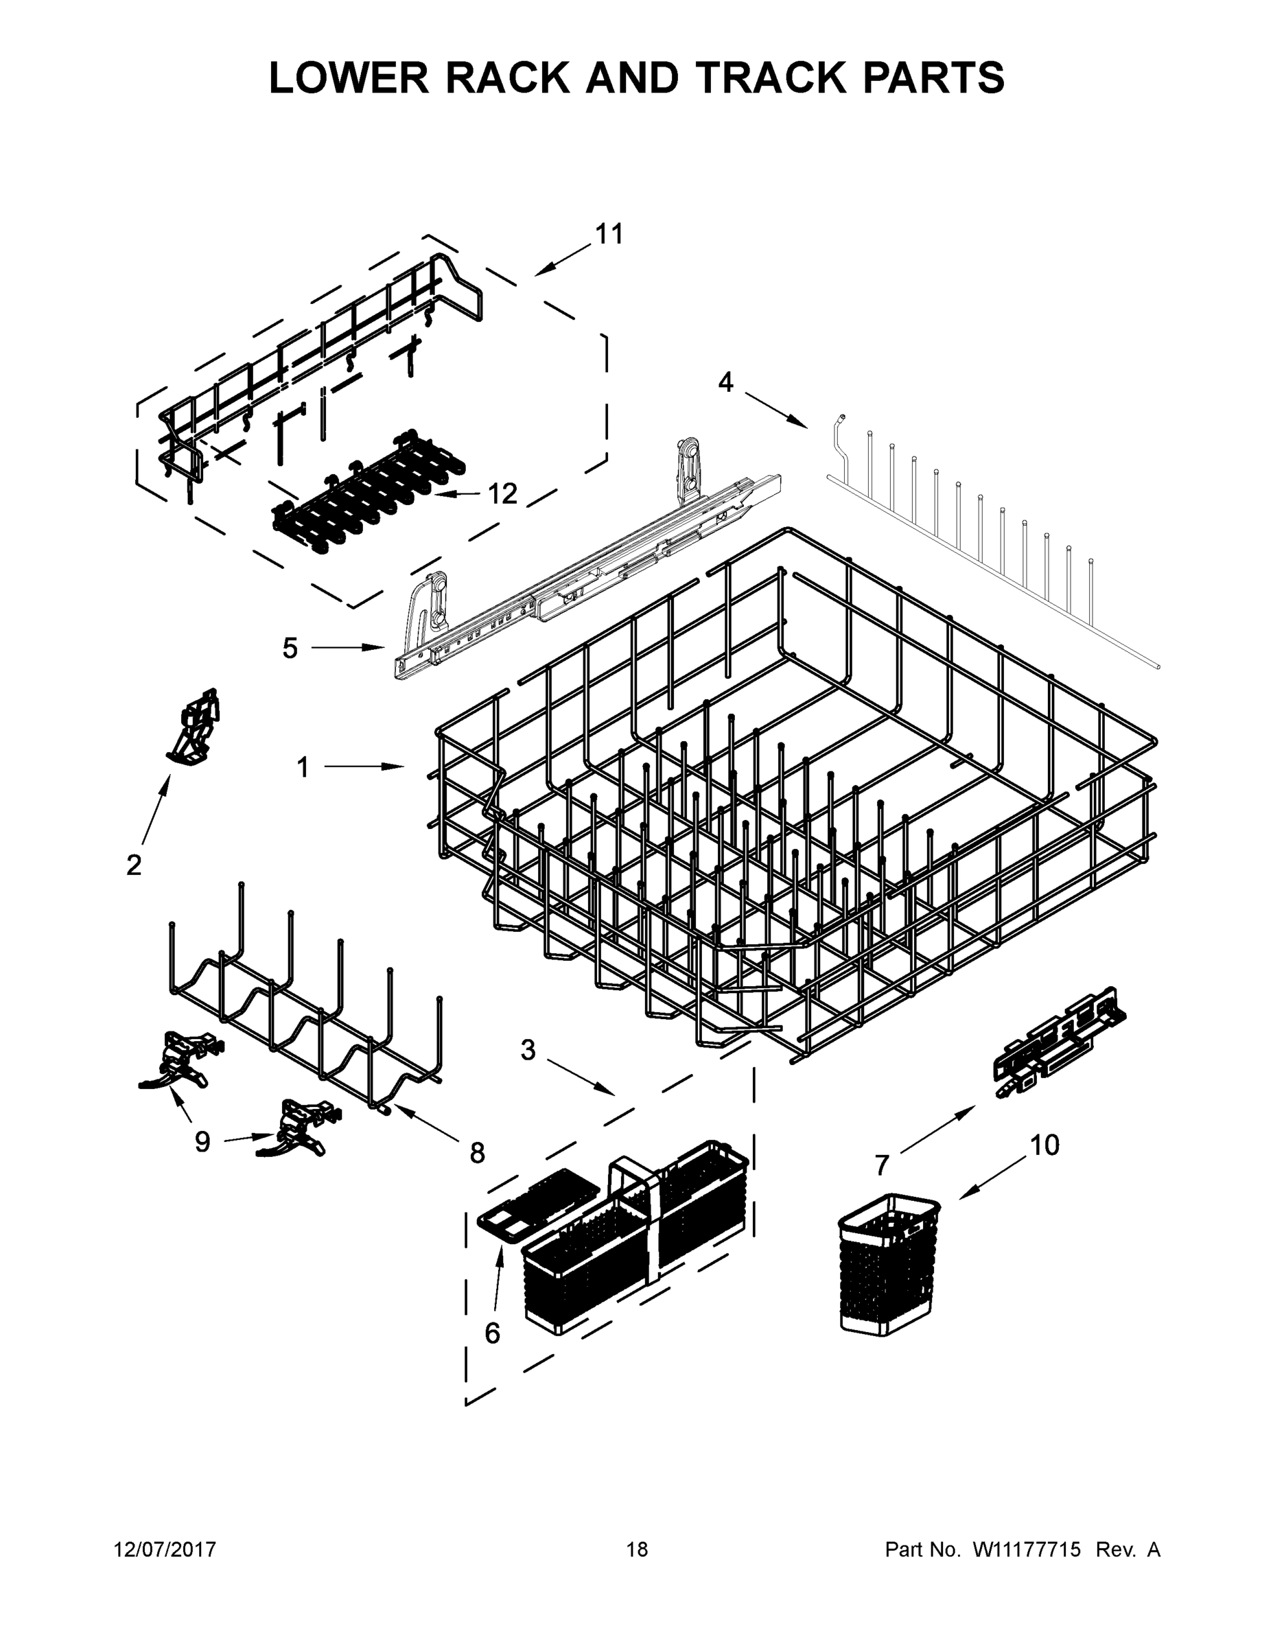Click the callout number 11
click(609, 234)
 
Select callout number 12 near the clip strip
click(502, 494)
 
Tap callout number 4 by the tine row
click(725, 382)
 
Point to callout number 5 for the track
click(290, 648)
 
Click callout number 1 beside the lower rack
click(303, 768)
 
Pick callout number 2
click(134, 865)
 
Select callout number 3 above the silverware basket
click(528, 1050)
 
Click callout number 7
click(883, 1165)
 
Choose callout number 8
click(477, 1153)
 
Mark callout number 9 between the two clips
click(202, 1142)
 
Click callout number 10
click(1044, 1145)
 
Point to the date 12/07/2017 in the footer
click(165, 1549)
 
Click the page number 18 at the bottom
click(637, 1549)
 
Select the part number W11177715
click(1027, 1549)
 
